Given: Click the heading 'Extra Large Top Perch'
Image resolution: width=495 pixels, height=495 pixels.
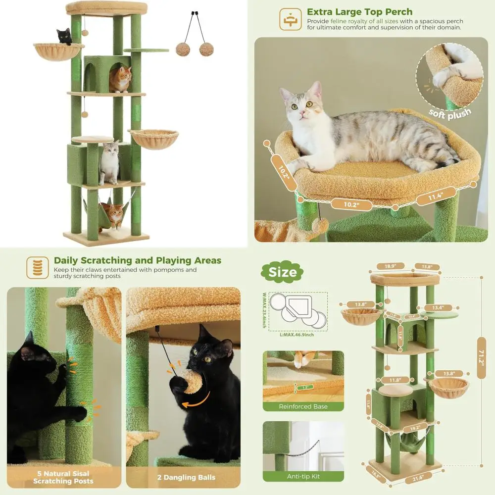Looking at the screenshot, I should point(359,12).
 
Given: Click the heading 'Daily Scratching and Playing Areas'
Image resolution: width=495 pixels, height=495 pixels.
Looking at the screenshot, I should point(137,260).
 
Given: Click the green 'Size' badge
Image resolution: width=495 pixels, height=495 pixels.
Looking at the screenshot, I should point(283,272).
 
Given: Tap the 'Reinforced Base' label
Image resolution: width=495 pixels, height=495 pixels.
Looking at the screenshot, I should point(303,406).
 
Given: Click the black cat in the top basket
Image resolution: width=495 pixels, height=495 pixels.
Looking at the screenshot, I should point(64,36).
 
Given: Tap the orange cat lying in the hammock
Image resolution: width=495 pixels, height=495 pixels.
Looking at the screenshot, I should point(115,213).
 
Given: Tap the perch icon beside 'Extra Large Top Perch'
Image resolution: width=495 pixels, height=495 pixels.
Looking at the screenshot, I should point(290,18).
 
